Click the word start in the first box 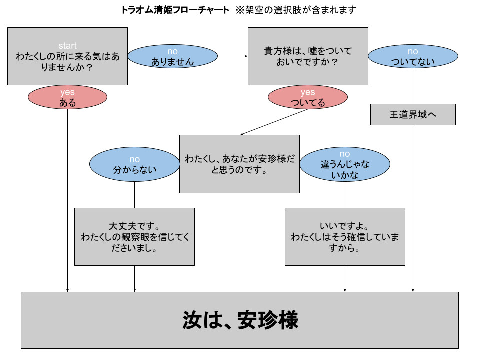point(67,46)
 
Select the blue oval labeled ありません point(172,56)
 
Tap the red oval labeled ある point(67,97)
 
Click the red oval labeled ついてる point(308,97)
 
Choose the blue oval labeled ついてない point(413,56)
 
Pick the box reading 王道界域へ point(413,115)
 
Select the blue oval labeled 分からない point(134,164)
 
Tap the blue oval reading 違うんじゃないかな point(345,164)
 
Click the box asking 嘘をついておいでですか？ point(308,56)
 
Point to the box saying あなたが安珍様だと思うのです point(239,164)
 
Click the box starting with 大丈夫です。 point(134,237)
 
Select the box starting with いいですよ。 point(345,237)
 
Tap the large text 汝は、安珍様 point(240,320)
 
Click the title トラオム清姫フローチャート point(175,10)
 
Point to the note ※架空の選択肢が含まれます point(296,10)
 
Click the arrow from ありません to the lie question point(233,56)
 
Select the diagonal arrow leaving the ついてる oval point(274,122)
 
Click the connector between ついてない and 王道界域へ point(413,86)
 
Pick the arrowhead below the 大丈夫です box point(134,290)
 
